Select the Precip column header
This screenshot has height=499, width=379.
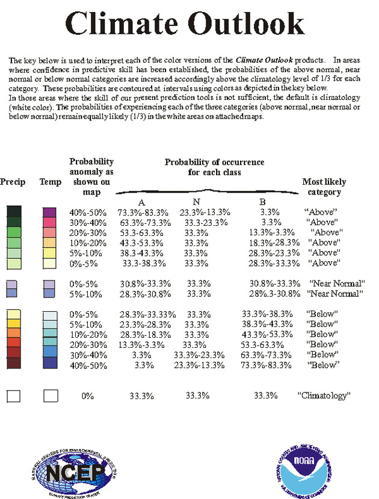(13, 181)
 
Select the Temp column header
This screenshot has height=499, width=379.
(50, 181)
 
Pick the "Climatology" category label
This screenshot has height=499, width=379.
(324, 395)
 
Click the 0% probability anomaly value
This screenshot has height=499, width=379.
(88, 395)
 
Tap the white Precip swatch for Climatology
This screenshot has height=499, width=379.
(13, 395)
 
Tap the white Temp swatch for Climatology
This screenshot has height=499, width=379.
(51, 395)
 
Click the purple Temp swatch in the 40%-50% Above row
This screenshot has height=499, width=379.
(49, 212)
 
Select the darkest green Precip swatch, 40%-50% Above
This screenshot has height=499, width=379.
(13, 211)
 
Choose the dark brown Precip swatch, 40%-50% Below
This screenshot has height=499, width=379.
(13, 364)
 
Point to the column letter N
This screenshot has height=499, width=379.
(196, 202)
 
